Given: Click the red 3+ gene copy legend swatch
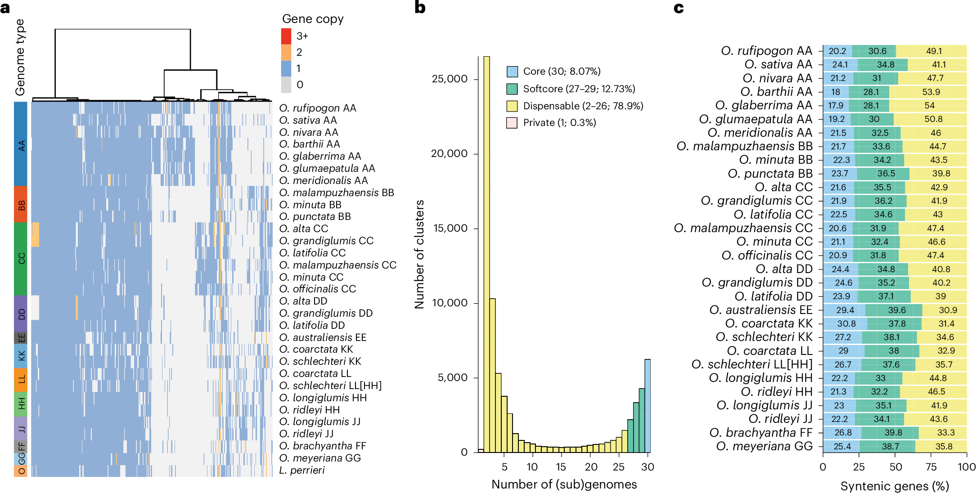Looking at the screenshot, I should coord(286,36).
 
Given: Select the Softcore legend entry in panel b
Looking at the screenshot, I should coord(579,89).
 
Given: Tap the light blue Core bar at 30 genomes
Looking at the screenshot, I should coord(648,405).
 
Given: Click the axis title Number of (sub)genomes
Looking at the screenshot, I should coord(564,484).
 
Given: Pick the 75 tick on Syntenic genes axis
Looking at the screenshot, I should coord(931,466).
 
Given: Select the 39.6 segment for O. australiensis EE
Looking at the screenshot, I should coord(897,310).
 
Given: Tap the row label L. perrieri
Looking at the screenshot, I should coord(302,470).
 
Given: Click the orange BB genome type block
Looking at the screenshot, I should coord(21,205).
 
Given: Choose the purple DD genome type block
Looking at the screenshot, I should coord(21,314).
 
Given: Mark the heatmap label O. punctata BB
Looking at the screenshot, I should coord(315,216).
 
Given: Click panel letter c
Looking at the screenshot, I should coord(679,8).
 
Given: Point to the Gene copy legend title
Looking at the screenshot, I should coord(313,19).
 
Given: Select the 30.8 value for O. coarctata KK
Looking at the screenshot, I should coord(846,324).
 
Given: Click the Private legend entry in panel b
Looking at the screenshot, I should coord(559,122).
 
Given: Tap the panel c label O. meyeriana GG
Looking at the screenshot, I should coord(765,446).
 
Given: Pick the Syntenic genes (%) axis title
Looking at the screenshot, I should coord(895,486).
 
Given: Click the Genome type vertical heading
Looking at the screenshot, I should coord(20,57).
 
